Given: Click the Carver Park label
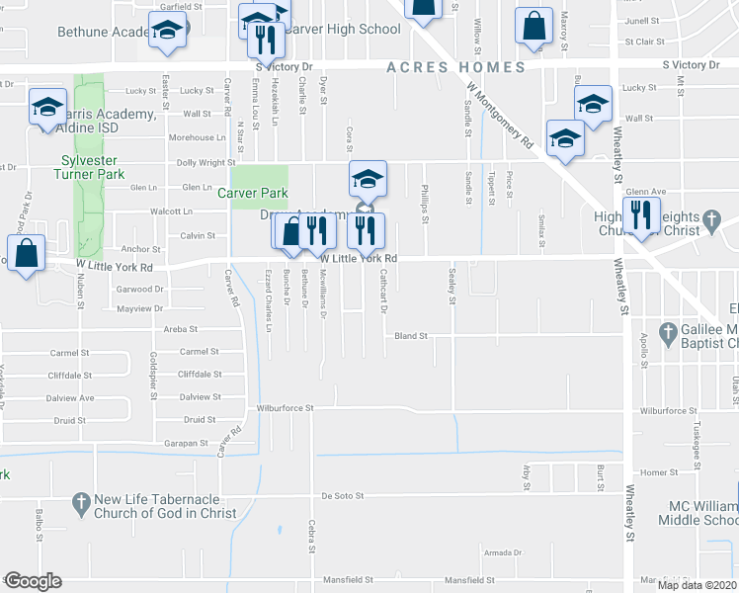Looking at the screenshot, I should (252, 193).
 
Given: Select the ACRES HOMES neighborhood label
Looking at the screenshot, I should (455, 67).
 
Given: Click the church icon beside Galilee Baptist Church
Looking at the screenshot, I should (668, 330).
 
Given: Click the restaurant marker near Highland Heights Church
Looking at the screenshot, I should (640, 214).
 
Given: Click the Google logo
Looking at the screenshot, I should (33, 581).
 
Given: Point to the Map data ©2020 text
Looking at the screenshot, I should (682, 584).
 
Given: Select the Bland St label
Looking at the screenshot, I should (410, 336).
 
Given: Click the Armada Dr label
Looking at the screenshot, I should (502, 552).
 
